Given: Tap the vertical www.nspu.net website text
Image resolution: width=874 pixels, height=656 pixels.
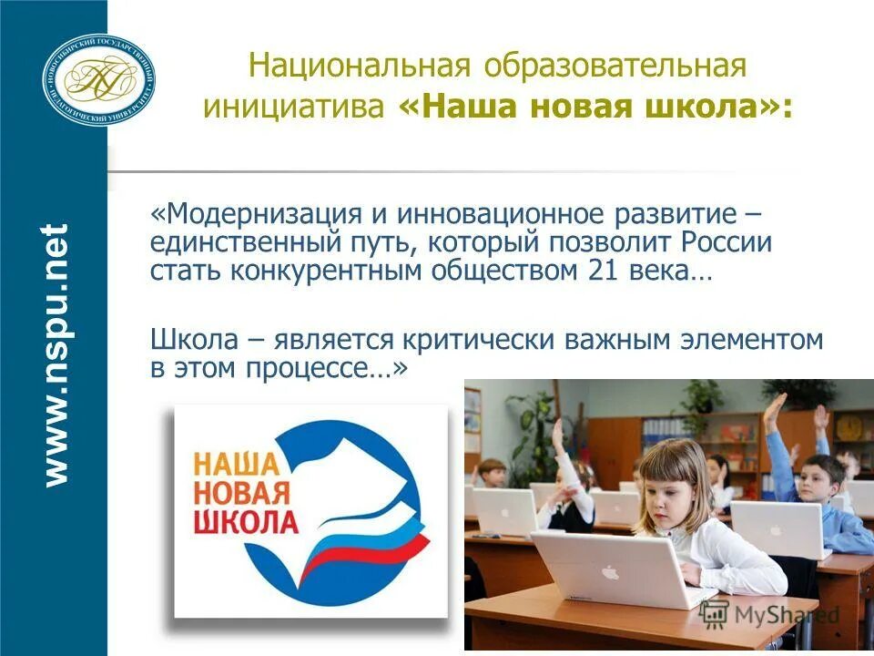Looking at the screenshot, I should [56, 354].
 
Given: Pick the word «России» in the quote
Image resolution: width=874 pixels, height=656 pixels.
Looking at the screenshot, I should [726, 243].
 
